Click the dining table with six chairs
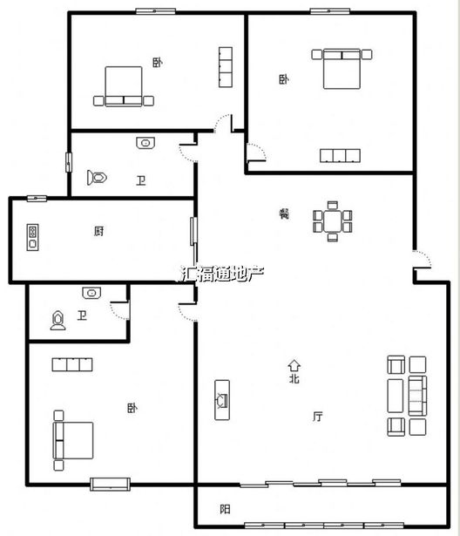[333, 221]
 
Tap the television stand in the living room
[222, 400]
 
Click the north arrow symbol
[294, 365]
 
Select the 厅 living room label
[317, 417]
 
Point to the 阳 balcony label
[225, 509]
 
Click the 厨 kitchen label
[98, 232]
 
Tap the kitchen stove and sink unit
[32, 237]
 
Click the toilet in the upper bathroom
[97, 178]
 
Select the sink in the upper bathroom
[145, 143]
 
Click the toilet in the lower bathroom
[58, 321]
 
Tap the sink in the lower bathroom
[91, 293]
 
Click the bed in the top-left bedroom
[124, 86]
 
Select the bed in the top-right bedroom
[342, 69]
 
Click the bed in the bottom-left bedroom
[73, 440]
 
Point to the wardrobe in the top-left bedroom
[226, 67]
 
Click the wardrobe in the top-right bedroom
[340, 155]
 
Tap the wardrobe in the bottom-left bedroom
[72, 364]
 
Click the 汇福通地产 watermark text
[221, 274]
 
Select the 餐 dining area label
[284, 214]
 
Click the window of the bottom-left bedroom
[110, 484]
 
